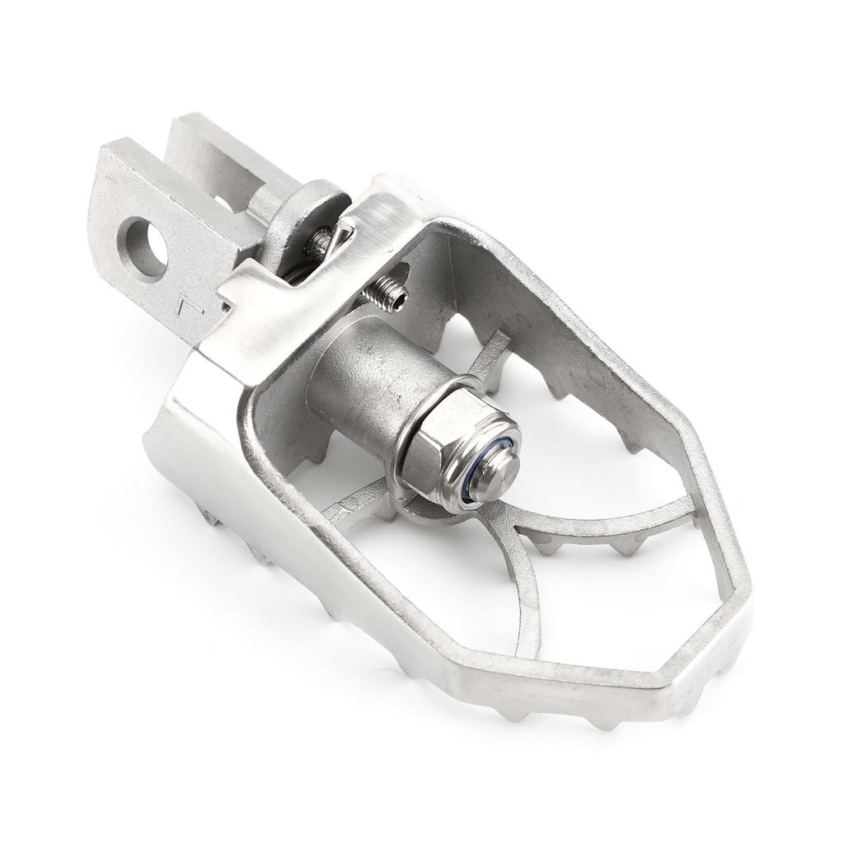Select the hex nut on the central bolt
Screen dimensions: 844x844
pyautogui.click(x=445, y=449)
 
